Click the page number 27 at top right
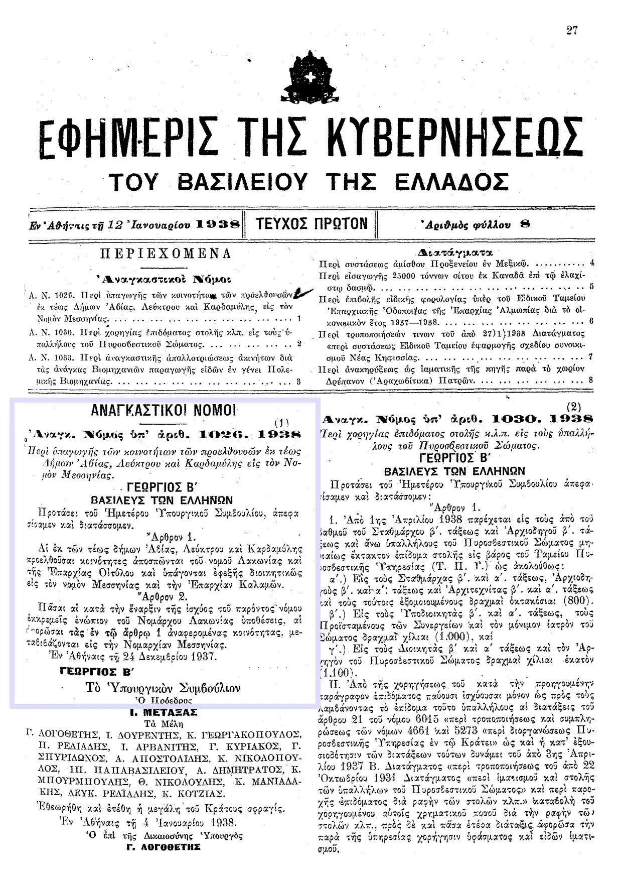pos(572,31)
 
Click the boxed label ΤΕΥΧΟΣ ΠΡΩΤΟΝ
pos(312,223)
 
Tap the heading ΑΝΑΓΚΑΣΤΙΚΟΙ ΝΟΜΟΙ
pos(164,410)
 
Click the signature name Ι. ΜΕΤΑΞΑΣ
pos(164,712)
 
